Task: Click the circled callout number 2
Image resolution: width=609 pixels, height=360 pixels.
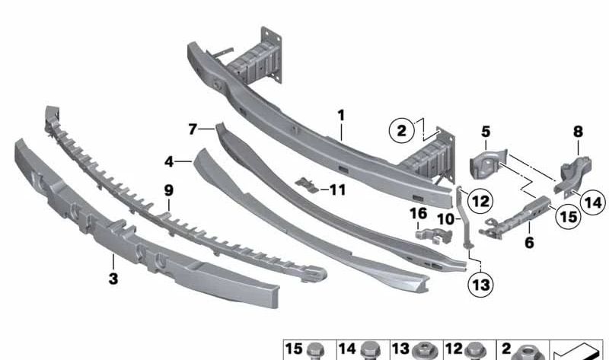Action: [x=401, y=130]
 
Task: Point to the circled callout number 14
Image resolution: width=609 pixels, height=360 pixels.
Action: [x=593, y=202]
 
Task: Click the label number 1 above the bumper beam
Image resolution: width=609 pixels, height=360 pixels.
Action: [x=342, y=116]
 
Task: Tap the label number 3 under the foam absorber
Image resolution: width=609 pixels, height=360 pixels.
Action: [x=113, y=279]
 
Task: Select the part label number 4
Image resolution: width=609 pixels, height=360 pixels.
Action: [x=169, y=161]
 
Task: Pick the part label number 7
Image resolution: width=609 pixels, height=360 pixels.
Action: [x=193, y=129]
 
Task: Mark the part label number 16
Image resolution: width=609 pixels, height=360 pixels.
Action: [x=419, y=213]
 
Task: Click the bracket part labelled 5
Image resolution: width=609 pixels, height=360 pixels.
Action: [x=485, y=162]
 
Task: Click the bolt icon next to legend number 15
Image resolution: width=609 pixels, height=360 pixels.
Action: [x=317, y=351]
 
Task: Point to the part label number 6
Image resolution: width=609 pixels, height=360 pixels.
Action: [x=529, y=244]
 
